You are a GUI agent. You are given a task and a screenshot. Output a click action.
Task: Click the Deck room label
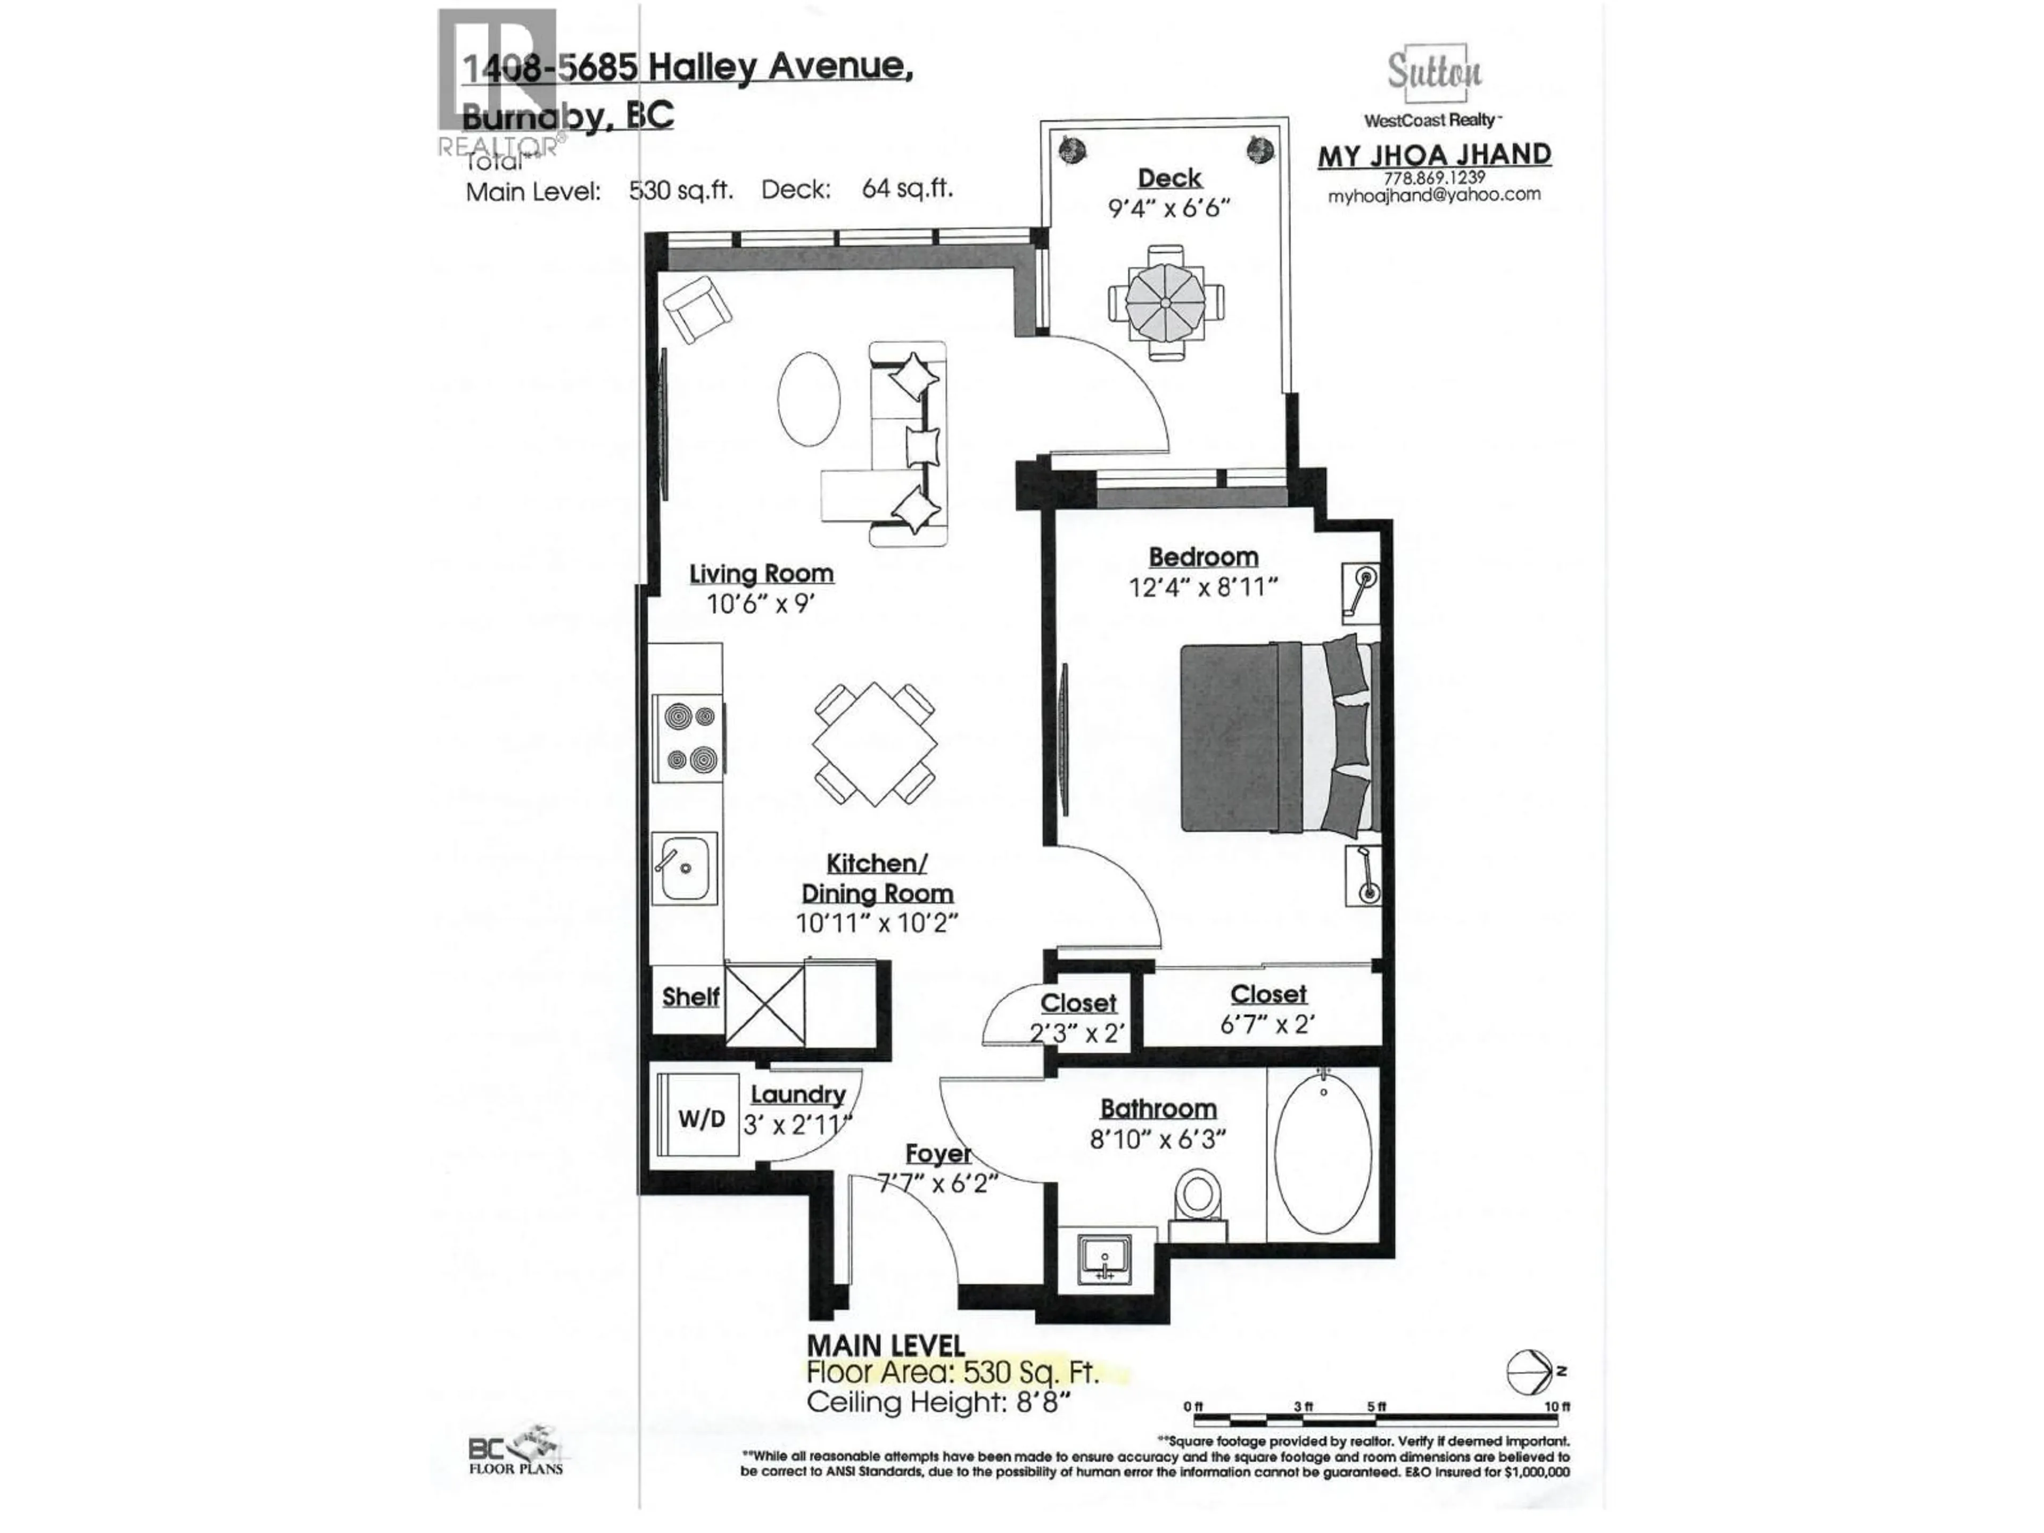point(1169,178)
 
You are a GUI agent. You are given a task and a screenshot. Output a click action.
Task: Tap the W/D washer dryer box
point(699,1119)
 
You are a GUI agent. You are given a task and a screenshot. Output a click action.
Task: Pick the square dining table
point(874,744)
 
